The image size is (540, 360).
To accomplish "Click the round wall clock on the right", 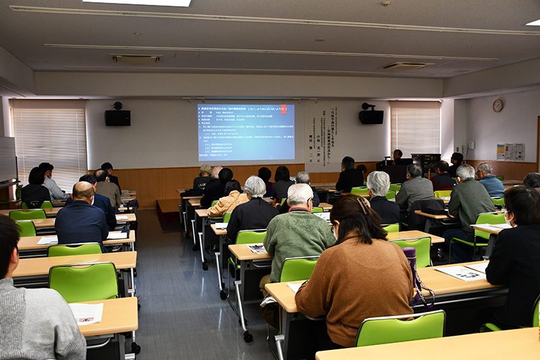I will (x=497, y=105).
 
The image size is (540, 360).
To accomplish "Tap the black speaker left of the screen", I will (x=117, y=118).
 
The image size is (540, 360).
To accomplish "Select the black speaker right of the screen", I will (x=371, y=117).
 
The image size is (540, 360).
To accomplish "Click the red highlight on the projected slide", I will (x=283, y=109).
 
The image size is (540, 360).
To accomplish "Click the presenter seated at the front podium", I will (x=398, y=157).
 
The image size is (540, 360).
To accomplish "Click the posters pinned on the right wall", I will (x=510, y=151).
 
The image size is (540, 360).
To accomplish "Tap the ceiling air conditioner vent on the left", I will (x=136, y=59).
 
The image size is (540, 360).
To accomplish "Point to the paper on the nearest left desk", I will (x=86, y=313).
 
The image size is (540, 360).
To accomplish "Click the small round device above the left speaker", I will (x=117, y=105).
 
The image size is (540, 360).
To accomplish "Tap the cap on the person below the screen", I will (x=205, y=168).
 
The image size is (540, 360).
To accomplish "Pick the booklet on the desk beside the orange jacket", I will (x=221, y=226).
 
